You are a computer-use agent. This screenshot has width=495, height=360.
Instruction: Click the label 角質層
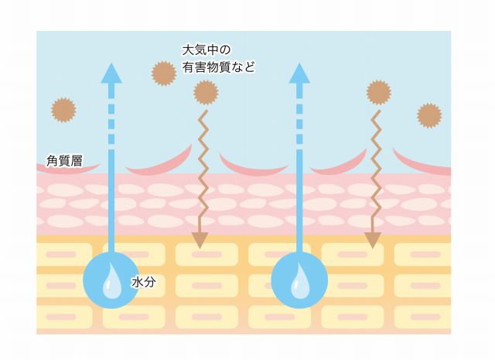click(x=64, y=160)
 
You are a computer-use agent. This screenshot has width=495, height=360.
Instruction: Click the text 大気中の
click(x=207, y=50)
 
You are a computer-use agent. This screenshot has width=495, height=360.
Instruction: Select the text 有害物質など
click(x=218, y=67)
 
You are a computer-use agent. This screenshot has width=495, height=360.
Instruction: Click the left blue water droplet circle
click(x=111, y=280)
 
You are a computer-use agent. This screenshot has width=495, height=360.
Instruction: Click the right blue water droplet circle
click(x=299, y=280)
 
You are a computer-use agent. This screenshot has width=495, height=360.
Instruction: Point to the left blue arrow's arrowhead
click(x=111, y=73)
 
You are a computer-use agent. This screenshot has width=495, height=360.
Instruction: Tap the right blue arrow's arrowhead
click(x=299, y=73)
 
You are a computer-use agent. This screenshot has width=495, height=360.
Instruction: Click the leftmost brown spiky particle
click(x=63, y=110)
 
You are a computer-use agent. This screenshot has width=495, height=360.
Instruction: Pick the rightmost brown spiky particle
click(x=429, y=115)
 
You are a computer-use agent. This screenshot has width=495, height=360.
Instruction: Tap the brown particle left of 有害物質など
click(x=164, y=74)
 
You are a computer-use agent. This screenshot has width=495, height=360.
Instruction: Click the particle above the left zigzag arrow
click(x=206, y=92)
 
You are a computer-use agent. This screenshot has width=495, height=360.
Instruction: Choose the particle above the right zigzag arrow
click(x=378, y=92)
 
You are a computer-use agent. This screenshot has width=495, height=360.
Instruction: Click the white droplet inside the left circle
click(x=111, y=282)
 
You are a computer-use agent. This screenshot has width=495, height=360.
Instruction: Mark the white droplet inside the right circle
click(x=300, y=282)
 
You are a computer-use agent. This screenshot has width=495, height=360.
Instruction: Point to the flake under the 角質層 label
click(x=68, y=168)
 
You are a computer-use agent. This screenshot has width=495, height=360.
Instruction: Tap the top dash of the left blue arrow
click(x=111, y=109)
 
